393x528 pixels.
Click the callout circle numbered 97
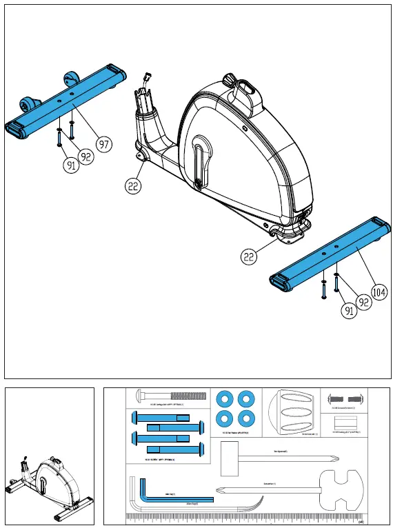(x=103, y=144)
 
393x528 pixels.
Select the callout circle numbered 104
(x=378, y=292)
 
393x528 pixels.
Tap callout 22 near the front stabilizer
(x=134, y=185)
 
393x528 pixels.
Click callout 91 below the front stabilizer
(x=71, y=165)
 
